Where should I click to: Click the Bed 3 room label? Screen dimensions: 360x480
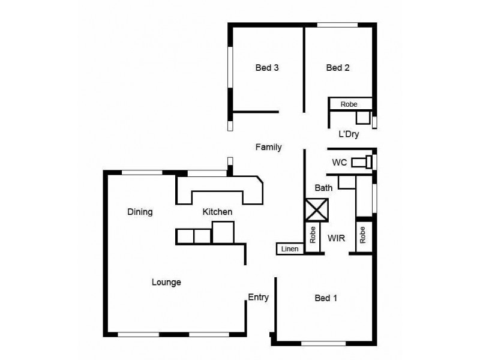click(x=267, y=68)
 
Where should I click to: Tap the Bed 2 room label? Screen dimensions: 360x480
click(x=338, y=68)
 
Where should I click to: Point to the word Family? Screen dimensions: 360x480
click(x=268, y=147)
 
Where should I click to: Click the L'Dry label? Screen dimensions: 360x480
click(x=349, y=134)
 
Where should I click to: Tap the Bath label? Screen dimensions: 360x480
click(x=323, y=188)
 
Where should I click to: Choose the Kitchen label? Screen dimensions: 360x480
click(x=217, y=212)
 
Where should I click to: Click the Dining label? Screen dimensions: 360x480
click(x=140, y=212)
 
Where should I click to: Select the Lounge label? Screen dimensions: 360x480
click(x=166, y=282)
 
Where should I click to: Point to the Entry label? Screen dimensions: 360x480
click(x=258, y=297)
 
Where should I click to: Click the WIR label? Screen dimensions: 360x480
click(x=336, y=238)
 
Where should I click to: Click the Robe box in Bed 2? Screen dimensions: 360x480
click(x=350, y=104)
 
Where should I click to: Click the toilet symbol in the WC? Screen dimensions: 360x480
click(x=361, y=161)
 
